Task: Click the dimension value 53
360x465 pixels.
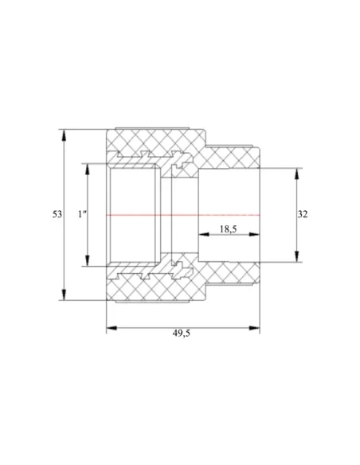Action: click(x=57, y=214)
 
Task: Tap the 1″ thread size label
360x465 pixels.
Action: click(x=82, y=214)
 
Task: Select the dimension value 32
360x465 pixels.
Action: click(x=303, y=214)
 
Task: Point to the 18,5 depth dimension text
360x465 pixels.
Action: click(x=228, y=229)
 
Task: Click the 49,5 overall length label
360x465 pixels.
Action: click(x=181, y=334)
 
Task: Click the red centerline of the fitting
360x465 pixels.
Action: click(x=183, y=215)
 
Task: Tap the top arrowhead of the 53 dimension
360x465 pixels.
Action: click(x=64, y=135)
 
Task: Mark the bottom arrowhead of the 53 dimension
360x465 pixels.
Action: click(x=64, y=295)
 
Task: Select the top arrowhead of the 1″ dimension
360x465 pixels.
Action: click(x=87, y=169)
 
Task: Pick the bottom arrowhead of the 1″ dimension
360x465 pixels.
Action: click(x=87, y=260)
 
